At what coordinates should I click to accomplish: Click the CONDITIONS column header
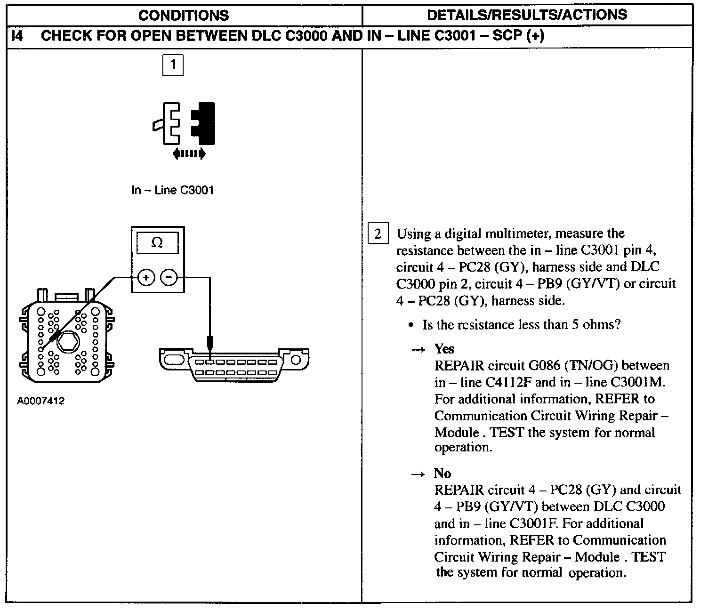(184, 15)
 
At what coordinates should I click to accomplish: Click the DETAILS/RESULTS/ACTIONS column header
(527, 15)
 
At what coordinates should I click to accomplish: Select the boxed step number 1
(173, 65)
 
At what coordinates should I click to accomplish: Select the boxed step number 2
(378, 234)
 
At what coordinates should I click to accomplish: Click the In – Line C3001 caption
(172, 190)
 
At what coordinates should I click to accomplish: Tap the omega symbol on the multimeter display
(157, 243)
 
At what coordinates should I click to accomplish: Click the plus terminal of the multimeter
(146, 278)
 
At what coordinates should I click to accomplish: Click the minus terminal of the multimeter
(169, 278)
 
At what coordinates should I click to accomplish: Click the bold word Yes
(444, 349)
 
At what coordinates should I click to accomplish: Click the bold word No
(442, 474)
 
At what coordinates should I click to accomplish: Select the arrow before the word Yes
(418, 350)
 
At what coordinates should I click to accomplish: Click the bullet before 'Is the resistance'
(411, 325)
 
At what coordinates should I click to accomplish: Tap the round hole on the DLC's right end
(296, 361)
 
